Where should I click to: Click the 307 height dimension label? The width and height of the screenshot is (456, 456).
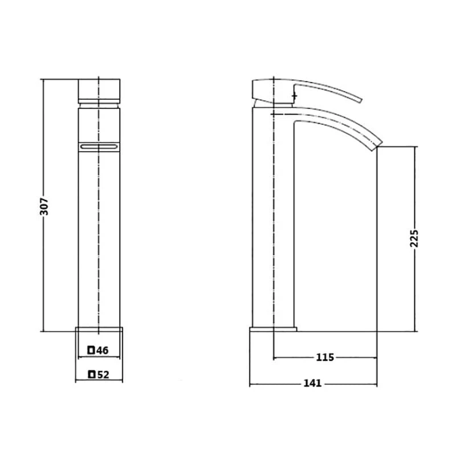tap(44, 206)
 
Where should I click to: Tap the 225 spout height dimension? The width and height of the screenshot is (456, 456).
tap(414, 238)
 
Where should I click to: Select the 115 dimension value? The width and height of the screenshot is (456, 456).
tap(325, 357)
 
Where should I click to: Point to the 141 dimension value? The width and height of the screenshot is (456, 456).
tap(312, 383)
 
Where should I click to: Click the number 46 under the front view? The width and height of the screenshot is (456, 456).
tap(103, 351)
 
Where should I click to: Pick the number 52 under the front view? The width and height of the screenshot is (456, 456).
tap(103, 374)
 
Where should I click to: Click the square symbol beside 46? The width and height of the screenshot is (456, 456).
tap(91, 350)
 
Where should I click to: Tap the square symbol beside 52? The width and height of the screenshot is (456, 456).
tap(92, 374)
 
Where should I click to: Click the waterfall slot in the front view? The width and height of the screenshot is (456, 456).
tap(99, 147)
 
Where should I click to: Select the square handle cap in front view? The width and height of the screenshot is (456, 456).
tap(99, 89)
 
